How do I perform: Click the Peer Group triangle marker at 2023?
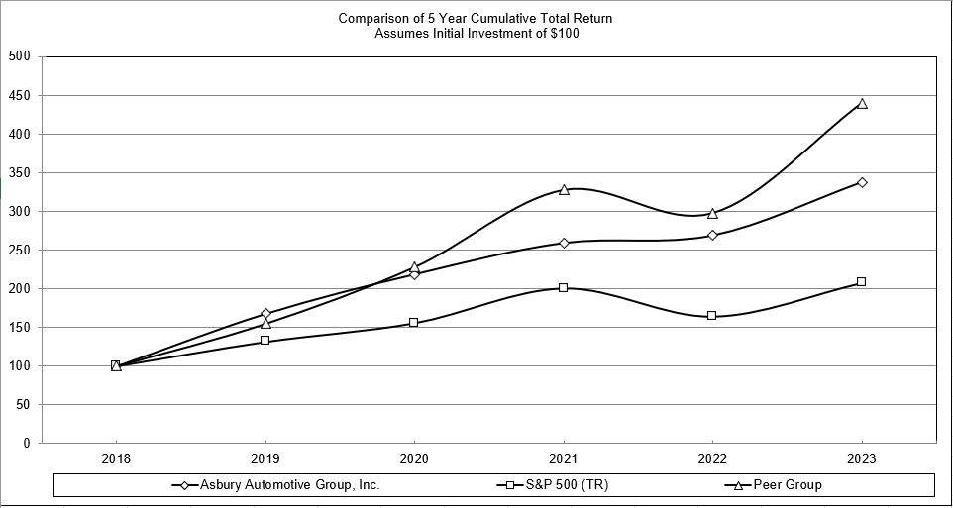point(862,103)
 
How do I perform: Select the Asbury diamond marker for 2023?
point(862,182)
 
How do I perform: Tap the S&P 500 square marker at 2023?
point(861,281)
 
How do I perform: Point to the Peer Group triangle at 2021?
point(564,189)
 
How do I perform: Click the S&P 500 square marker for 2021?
point(563,287)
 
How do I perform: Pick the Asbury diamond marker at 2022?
point(712,235)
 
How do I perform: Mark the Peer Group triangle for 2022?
point(712,213)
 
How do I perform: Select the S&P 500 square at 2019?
point(265,341)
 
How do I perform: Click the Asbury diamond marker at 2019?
point(265,314)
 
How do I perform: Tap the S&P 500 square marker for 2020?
point(413,323)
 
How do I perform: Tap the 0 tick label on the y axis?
point(27,443)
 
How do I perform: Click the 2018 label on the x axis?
point(116,459)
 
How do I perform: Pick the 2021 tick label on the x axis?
point(564,459)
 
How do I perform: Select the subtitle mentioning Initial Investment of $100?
point(476,33)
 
